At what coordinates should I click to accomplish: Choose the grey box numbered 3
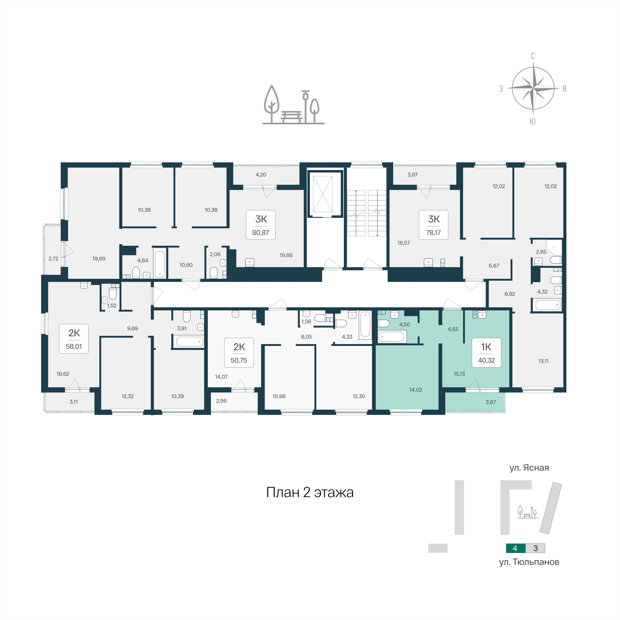coord(535,548)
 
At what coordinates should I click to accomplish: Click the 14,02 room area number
coord(416,390)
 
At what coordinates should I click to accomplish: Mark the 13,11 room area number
coord(543,361)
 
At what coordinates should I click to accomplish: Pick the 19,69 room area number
coord(99,259)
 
